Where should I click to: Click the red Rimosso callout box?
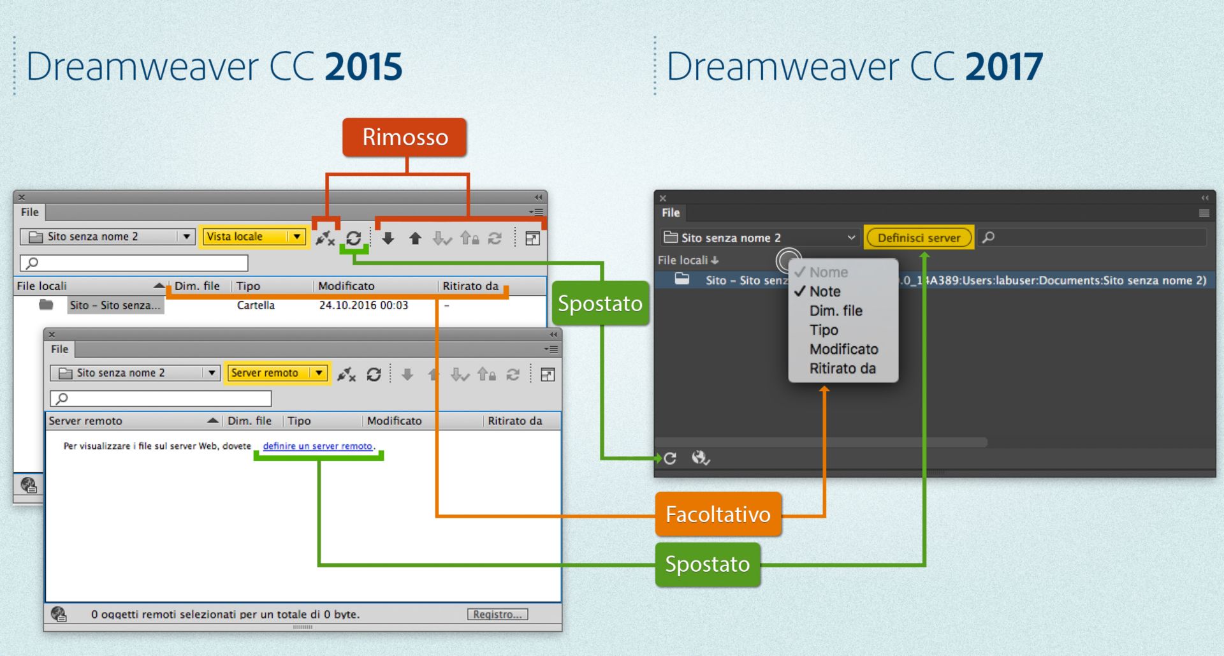[405, 137]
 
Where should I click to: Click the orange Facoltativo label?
[718, 514]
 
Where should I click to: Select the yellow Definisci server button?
[919, 238]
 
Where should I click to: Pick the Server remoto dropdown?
[278, 373]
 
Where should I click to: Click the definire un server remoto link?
[317, 446]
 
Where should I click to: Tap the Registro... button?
[497, 615]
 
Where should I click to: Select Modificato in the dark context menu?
[843, 349]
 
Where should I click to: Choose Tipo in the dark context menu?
[824, 330]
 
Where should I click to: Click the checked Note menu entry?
[825, 292]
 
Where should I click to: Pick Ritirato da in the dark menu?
[842, 368]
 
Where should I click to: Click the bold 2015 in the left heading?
[363, 67]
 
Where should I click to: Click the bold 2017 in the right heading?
[1004, 67]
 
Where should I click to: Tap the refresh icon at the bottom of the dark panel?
[670, 458]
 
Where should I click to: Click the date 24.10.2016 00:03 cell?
[363, 305]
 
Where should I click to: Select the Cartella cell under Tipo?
[256, 305]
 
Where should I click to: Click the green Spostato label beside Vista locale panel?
[600, 303]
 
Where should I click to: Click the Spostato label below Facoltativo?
[707, 564]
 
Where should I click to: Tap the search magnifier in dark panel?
[989, 238]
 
